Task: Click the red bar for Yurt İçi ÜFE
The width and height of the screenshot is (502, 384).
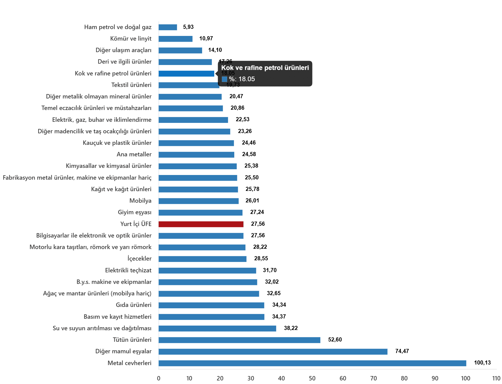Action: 201,224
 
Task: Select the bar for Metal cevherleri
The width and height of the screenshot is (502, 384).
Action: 312,363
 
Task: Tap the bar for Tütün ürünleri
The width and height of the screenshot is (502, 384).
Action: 239,340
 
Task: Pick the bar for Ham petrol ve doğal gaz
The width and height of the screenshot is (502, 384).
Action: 168,27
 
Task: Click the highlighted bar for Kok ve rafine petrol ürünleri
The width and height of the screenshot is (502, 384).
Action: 187,74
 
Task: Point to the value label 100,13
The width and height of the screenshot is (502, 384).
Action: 482,363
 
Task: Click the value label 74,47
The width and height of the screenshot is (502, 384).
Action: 402,351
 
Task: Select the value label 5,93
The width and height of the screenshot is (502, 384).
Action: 188,27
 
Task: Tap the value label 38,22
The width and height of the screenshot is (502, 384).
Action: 291,328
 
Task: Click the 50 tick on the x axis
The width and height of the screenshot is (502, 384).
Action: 312,379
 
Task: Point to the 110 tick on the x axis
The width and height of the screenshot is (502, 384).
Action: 496,379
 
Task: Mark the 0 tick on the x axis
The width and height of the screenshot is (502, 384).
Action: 159,379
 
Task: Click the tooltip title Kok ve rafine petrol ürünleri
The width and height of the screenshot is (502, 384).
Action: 265,68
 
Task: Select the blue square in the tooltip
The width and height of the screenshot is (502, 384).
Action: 224,79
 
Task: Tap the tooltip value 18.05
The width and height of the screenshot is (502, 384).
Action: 246,79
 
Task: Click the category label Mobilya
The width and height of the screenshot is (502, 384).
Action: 140,201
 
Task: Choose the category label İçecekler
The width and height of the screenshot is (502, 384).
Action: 139,259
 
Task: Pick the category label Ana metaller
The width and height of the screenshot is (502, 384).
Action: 134,154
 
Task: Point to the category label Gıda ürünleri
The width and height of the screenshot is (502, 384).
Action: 134,305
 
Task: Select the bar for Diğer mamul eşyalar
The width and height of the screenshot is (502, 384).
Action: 273,352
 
